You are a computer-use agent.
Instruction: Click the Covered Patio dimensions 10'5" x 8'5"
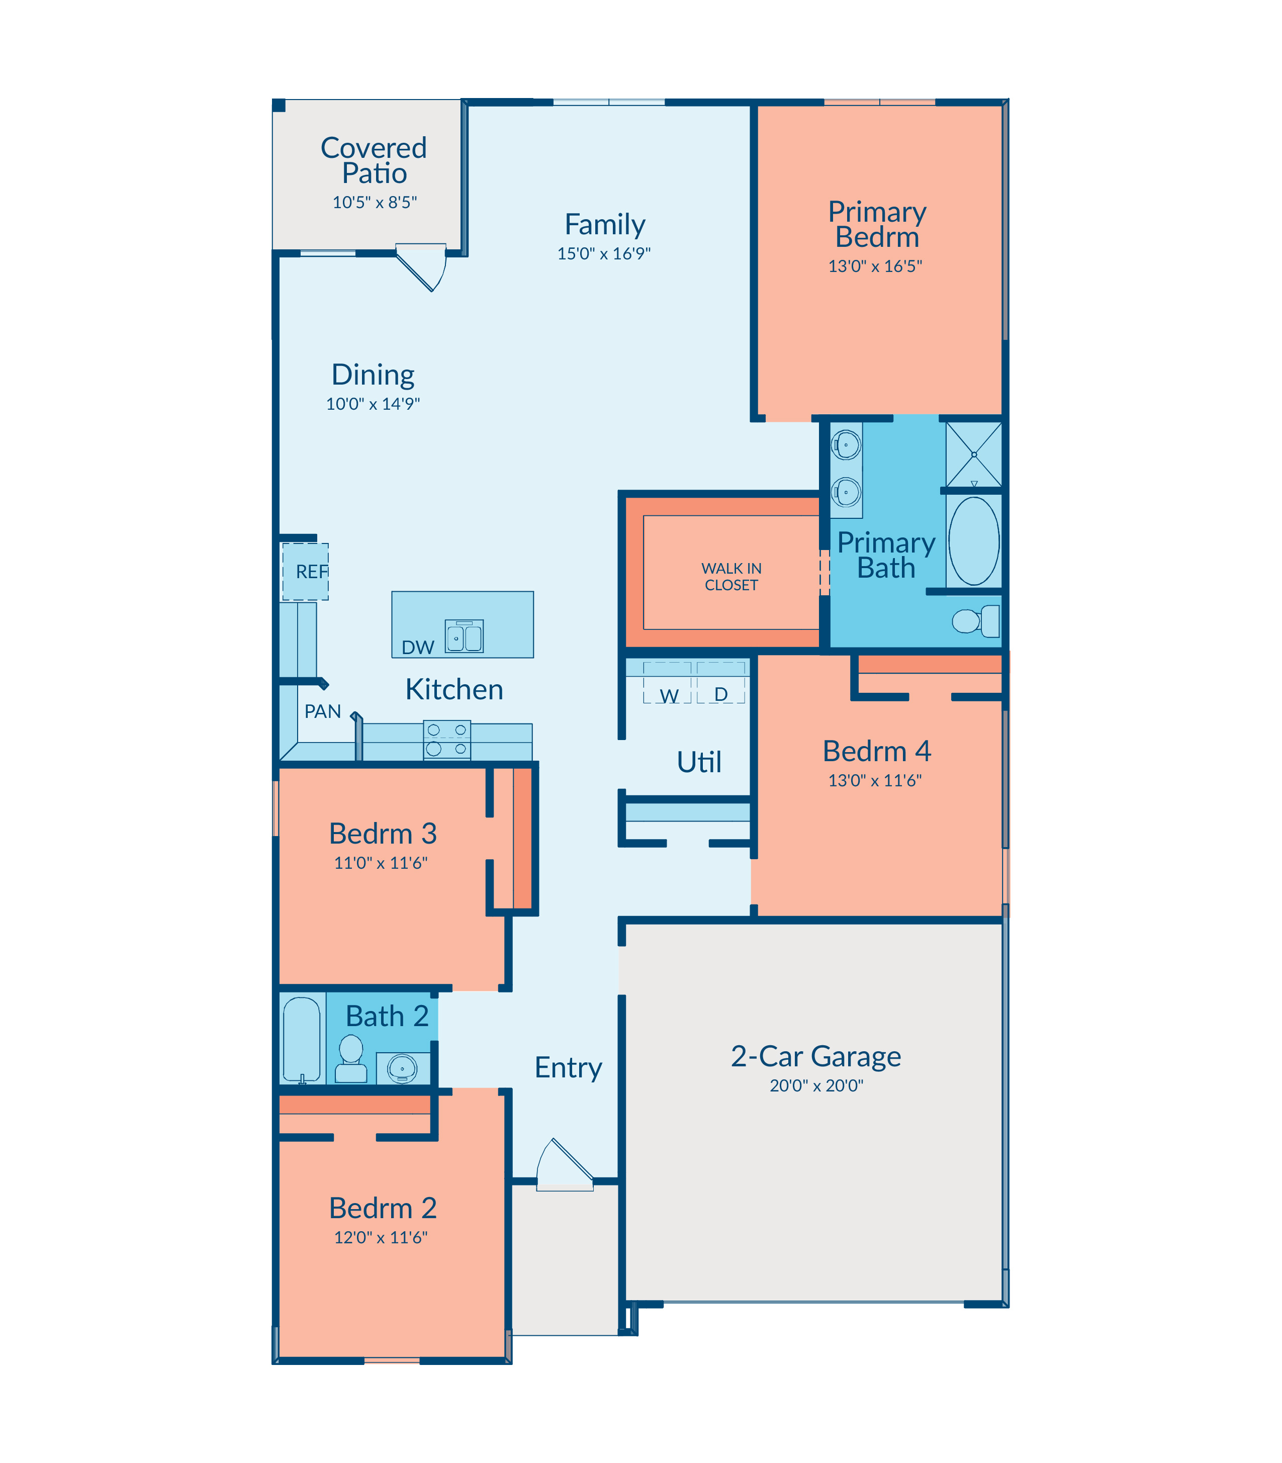coord(374,203)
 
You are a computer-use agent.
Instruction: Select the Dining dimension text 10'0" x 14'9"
coord(373,404)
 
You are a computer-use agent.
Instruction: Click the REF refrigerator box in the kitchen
coord(306,572)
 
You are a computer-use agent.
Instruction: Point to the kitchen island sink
coord(465,636)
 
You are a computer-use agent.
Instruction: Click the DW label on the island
coord(418,648)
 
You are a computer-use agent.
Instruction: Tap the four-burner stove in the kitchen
coord(447,740)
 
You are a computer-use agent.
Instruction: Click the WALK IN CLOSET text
coord(731,577)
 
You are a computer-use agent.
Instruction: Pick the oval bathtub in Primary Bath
coord(974,541)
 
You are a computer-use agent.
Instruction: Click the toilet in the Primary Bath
coord(975,621)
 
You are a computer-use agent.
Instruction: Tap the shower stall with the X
coord(974,454)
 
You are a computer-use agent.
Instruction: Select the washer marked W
coord(668,683)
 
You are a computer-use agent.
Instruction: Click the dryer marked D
coord(721,683)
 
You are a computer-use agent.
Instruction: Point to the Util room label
coord(699,762)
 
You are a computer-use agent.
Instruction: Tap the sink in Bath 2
coord(402,1069)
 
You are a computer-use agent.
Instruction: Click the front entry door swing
coord(565,1165)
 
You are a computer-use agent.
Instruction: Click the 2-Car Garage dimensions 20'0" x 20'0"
coord(816,1085)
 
